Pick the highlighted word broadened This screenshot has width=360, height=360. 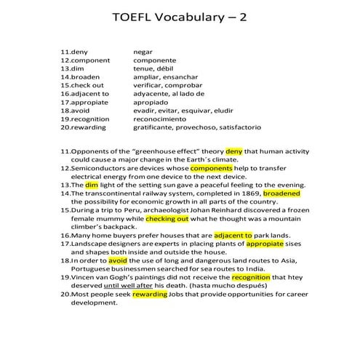(281, 193)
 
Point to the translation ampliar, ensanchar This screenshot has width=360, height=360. (165, 76)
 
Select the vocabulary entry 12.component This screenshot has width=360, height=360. (85, 60)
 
